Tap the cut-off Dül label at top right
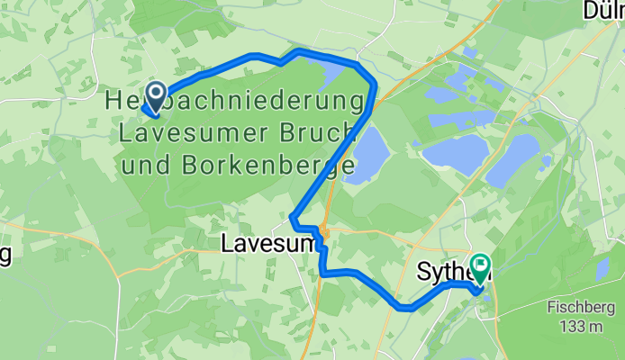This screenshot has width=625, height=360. [602, 10]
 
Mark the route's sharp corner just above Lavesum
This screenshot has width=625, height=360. [292, 216]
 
